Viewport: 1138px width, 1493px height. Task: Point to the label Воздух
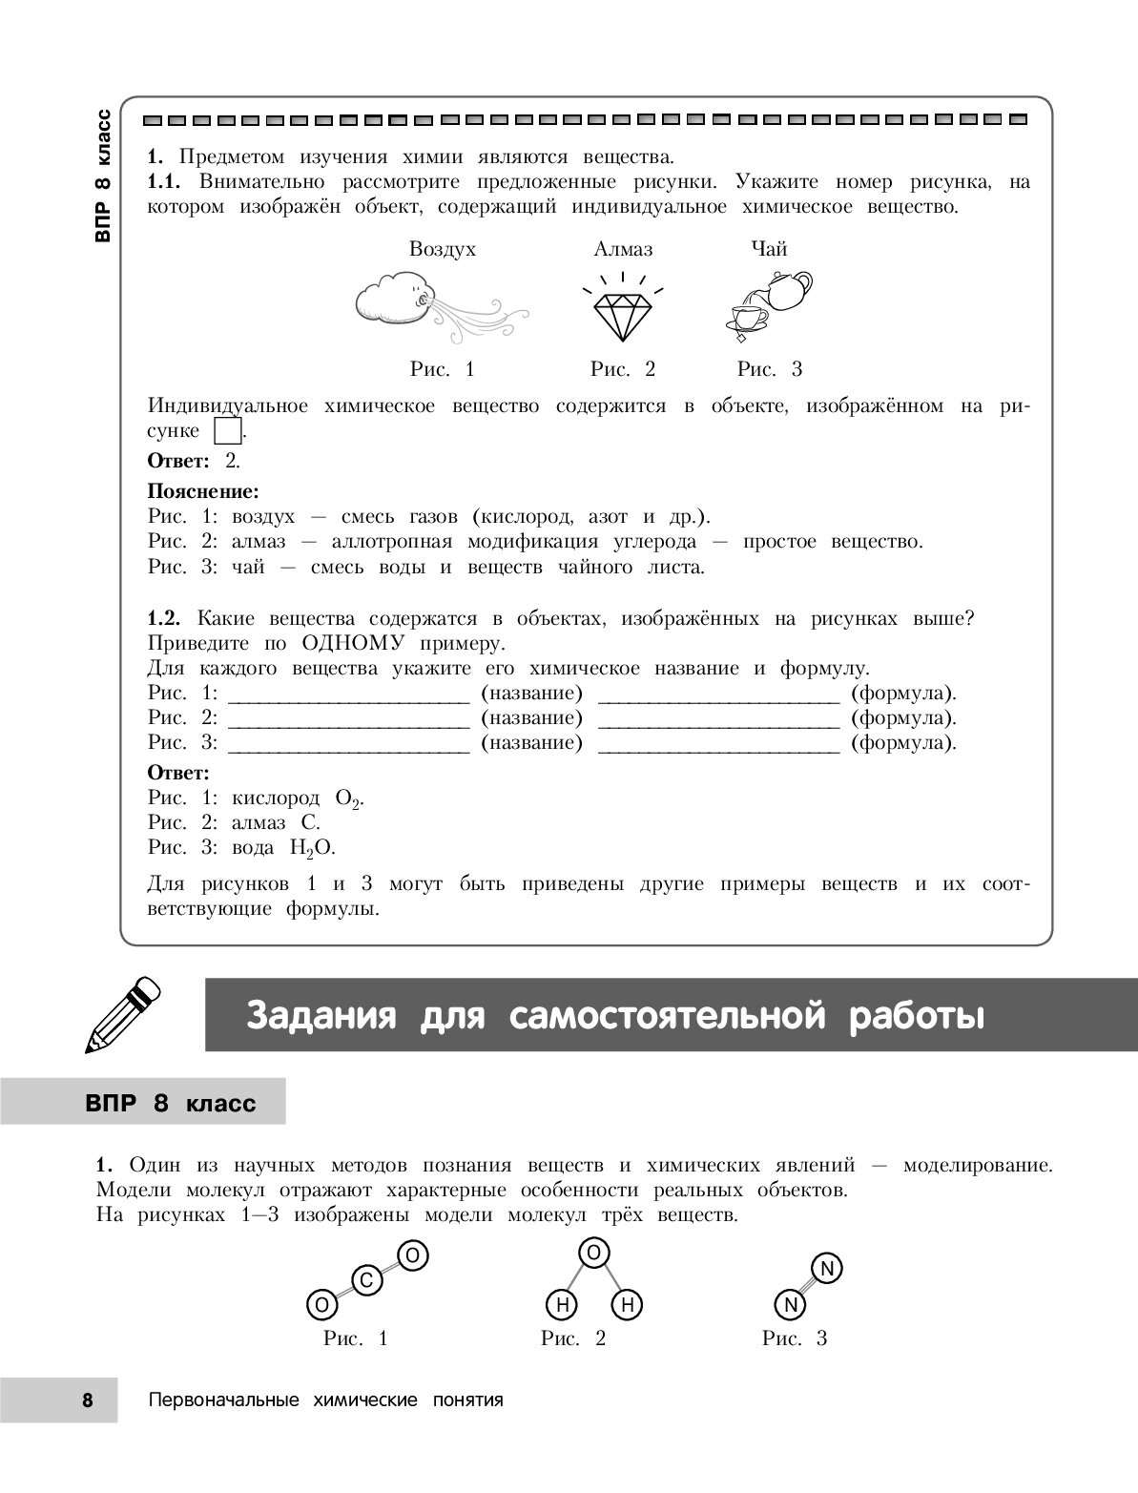coord(442,250)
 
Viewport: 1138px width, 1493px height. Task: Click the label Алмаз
coord(623,250)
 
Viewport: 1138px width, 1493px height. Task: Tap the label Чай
coord(769,250)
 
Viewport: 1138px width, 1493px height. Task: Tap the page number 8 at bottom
coord(88,1400)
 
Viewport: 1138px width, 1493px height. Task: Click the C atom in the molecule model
coord(366,1279)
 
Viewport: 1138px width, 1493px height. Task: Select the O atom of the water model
coord(592,1255)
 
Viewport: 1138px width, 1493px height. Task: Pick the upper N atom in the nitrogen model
coord(827,1268)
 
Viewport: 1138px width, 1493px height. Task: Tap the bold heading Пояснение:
coord(203,492)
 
